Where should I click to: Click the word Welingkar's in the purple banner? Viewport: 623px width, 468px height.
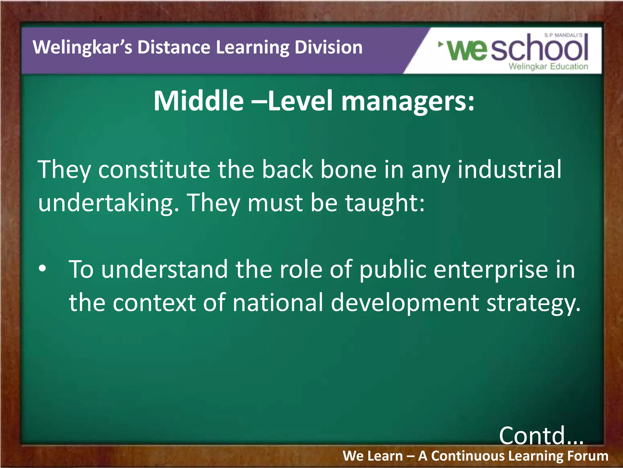click(x=82, y=48)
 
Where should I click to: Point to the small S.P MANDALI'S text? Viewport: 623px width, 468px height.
click(x=563, y=35)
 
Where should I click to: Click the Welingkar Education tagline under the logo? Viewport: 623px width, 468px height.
click(x=548, y=66)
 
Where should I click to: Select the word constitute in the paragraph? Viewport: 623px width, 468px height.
click(x=154, y=170)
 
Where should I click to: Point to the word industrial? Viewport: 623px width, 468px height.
click(x=510, y=170)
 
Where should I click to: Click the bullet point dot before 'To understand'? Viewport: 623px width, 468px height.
click(x=43, y=268)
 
